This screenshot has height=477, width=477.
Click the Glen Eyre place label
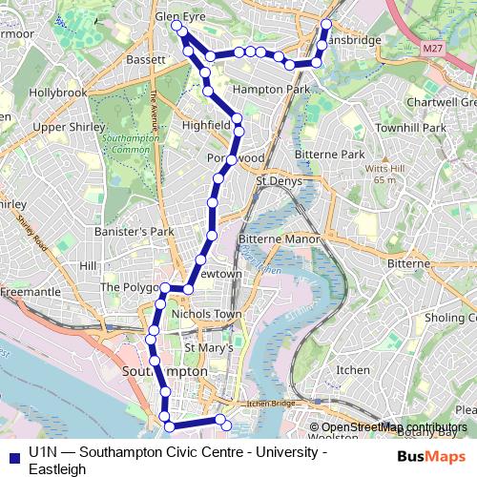[181, 16]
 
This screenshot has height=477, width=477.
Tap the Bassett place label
[145, 59]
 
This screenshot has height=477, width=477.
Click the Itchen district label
[353, 369]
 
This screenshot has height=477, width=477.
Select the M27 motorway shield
[432, 47]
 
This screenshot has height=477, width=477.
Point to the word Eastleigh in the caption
[56, 468]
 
